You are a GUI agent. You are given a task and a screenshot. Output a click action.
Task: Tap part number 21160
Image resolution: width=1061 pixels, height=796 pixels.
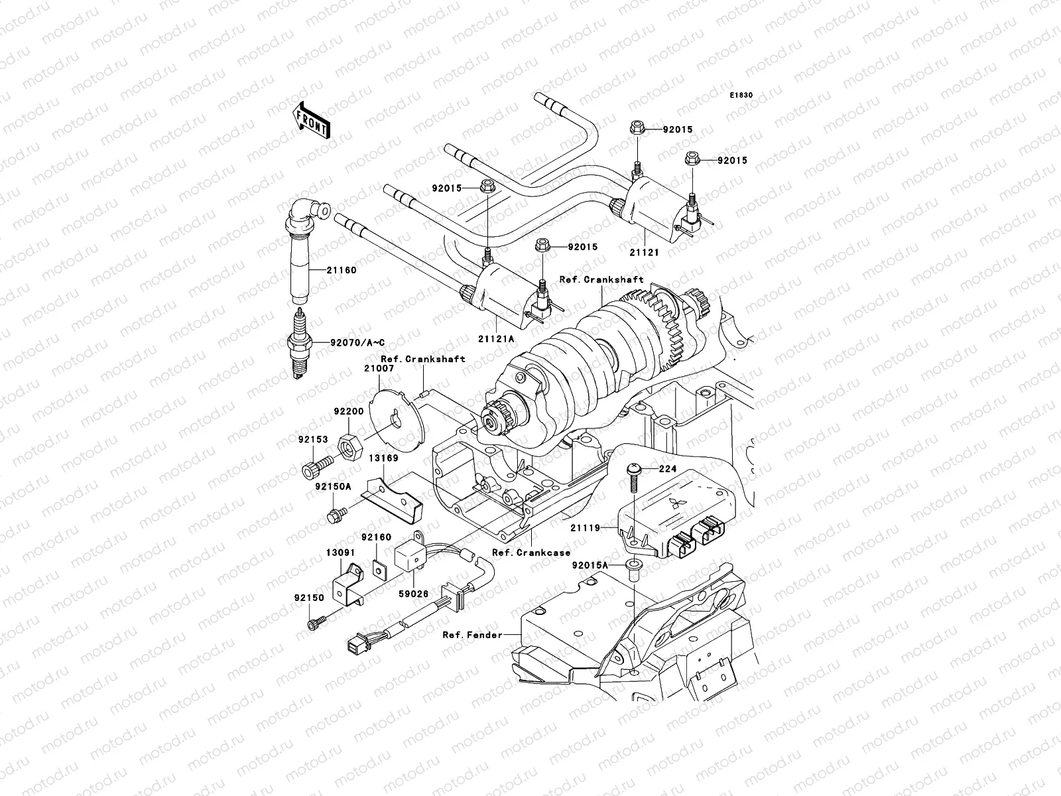pos(341,270)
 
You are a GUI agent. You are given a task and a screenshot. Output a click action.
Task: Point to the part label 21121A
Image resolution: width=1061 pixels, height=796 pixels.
pos(495,338)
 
